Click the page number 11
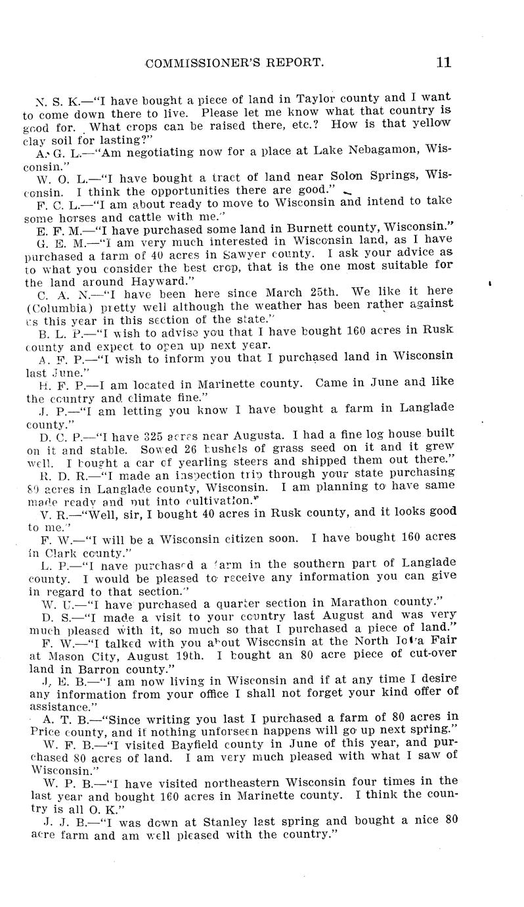(442, 63)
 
